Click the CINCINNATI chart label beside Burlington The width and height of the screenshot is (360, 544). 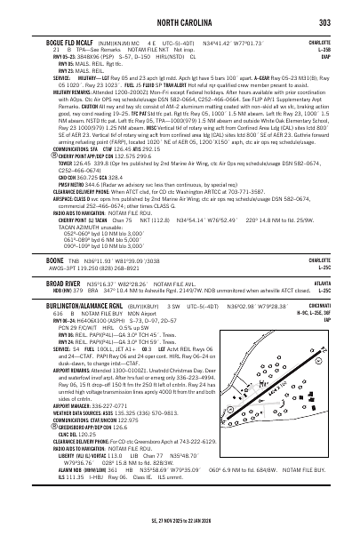[326, 276]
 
